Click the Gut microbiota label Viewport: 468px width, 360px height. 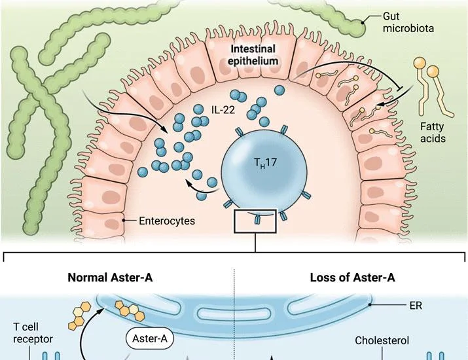[408, 22]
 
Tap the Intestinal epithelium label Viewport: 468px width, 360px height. [253, 55]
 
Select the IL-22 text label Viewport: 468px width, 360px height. [223, 110]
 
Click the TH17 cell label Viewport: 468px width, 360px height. [265, 163]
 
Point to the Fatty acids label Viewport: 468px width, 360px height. [433, 132]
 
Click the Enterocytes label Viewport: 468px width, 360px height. [167, 221]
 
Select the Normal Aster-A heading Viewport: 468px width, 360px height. [110, 278]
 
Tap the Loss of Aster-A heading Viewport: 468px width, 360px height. [353, 278]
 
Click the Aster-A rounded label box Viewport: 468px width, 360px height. [149, 339]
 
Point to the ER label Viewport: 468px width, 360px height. [416, 306]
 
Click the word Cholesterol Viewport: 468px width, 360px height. [382, 340]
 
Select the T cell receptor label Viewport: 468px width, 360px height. [33, 333]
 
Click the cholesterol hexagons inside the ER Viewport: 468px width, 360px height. [130, 310]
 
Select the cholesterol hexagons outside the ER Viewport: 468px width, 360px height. [79, 316]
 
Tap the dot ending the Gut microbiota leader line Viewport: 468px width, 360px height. [363, 22]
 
